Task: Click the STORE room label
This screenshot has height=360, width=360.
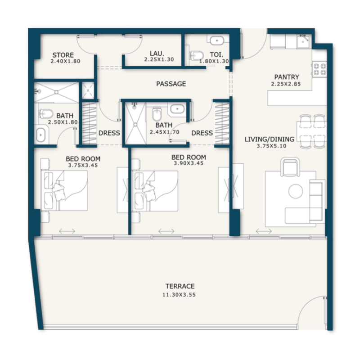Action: pyautogui.click(x=63, y=55)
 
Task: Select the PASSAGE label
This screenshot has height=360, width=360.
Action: pyautogui.click(x=171, y=84)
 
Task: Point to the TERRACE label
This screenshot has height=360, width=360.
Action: pyautogui.click(x=180, y=286)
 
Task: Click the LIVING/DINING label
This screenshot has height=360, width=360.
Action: pyautogui.click(x=269, y=139)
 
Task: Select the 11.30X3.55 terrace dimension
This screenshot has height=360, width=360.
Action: pyautogui.click(x=180, y=295)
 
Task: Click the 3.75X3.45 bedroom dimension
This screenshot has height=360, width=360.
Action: pyautogui.click(x=83, y=165)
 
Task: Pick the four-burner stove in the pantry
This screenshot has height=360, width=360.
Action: pyautogui.click(x=319, y=69)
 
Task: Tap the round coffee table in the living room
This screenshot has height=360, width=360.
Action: pyautogui.click(x=296, y=191)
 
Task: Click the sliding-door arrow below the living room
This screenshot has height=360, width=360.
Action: pyautogui.click(x=264, y=231)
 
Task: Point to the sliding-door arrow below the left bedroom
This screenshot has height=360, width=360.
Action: pyautogui.click(x=67, y=231)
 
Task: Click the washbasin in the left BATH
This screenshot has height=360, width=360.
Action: pyautogui.click(x=40, y=134)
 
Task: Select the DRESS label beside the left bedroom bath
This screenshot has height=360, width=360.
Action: pyautogui.click(x=109, y=133)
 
